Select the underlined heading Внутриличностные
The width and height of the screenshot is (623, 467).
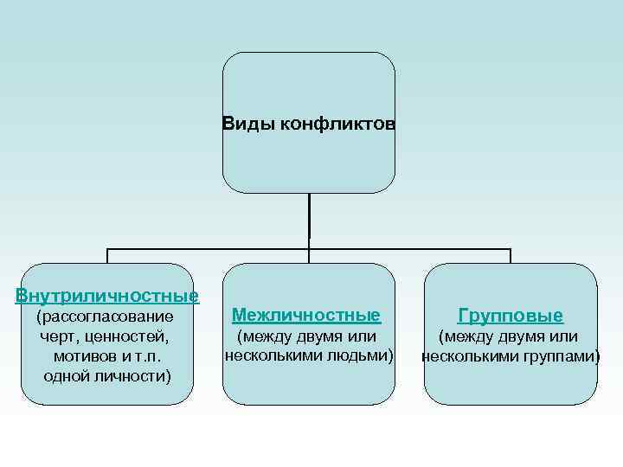tap(107, 296)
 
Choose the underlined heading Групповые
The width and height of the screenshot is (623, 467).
tap(511, 316)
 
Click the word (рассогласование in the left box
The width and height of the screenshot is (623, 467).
tap(107, 317)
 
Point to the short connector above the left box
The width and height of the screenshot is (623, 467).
tap(107, 256)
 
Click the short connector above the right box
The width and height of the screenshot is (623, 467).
tap(511, 256)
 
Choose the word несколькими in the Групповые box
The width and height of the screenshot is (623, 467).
tap(472, 355)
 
